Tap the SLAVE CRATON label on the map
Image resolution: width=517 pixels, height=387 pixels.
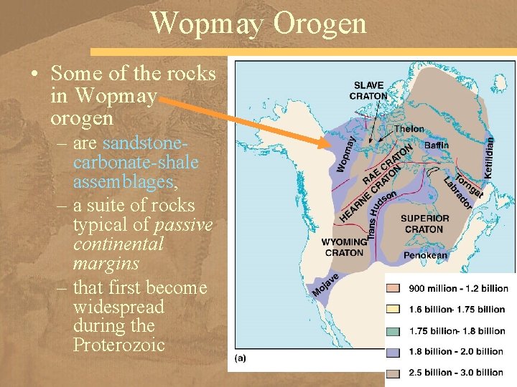pyautogui.click(x=368, y=91)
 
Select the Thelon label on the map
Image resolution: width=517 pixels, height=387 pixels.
pyautogui.click(x=409, y=129)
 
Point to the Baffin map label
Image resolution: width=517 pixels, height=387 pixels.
pyautogui.click(x=437, y=145)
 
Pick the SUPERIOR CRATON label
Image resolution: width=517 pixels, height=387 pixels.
pyautogui.click(x=424, y=224)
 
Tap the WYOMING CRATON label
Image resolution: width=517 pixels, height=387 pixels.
pyautogui.click(x=344, y=247)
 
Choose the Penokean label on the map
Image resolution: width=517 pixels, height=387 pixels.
pyautogui.click(x=426, y=255)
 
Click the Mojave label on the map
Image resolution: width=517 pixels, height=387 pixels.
pyautogui.click(x=325, y=284)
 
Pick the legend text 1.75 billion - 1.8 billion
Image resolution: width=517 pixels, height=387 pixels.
pyautogui.click(x=457, y=330)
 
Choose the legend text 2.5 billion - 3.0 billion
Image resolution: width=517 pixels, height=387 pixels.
pyautogui.click(x=457, y=372)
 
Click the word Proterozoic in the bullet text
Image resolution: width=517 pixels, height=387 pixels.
pyautogui.click(x=119, y=345)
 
